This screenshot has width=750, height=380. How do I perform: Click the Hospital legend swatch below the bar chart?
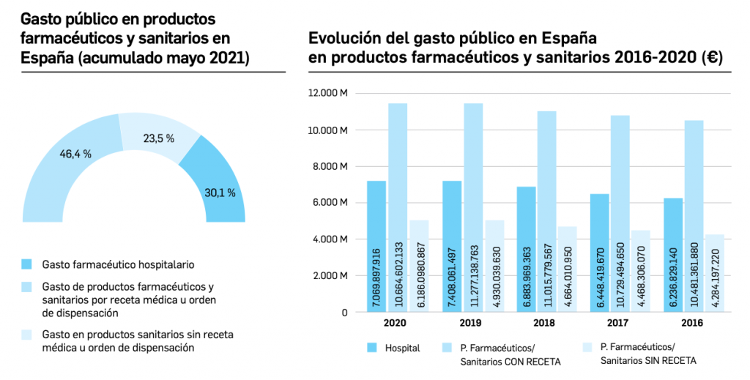371,348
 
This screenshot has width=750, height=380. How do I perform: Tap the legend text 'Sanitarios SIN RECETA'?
648,361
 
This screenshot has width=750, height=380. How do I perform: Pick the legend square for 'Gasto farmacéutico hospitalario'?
28,264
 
